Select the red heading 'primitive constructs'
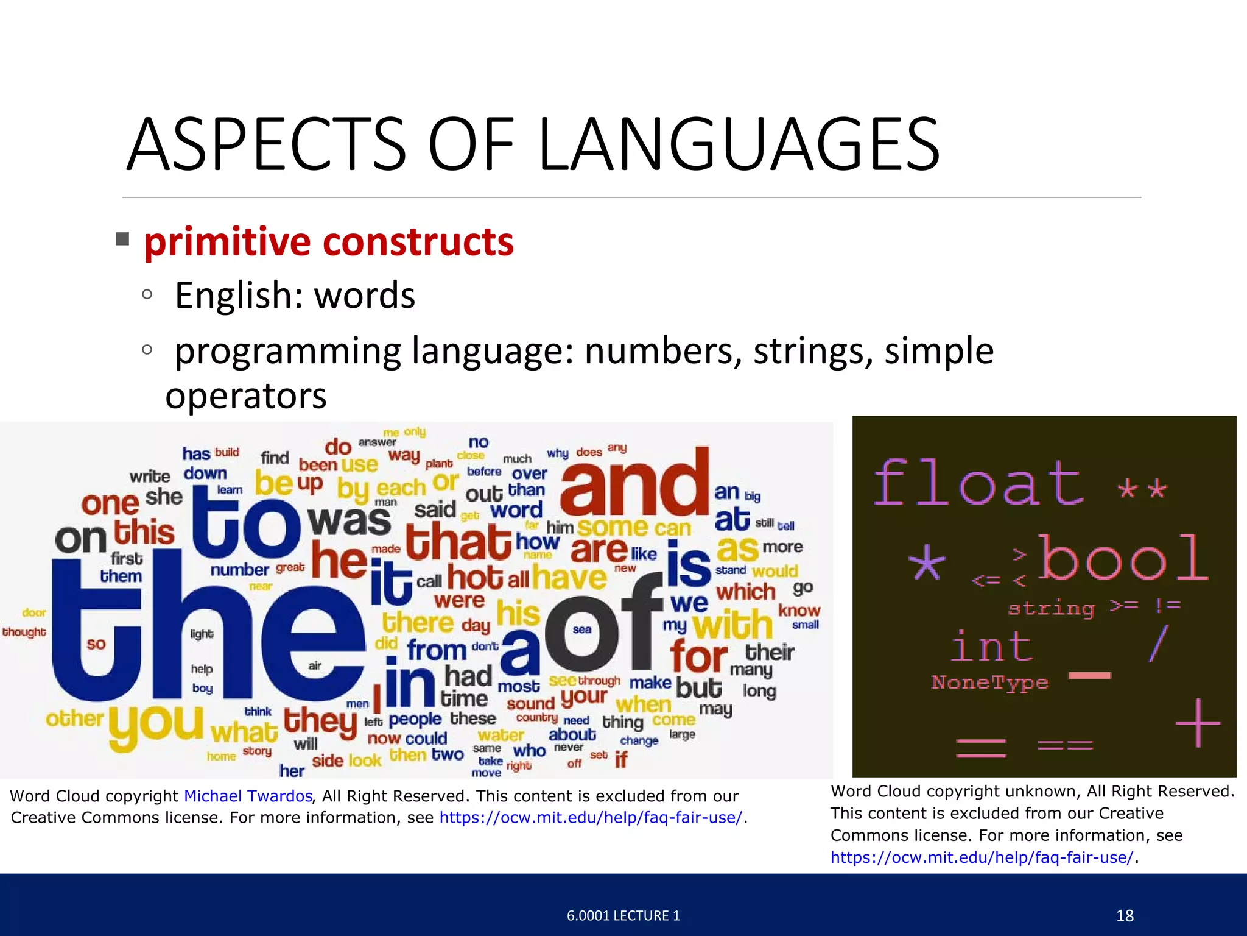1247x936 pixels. pyautogui.click(x=329, y=242)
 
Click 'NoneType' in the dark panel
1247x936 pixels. pyautogui.click(x=989, y=682)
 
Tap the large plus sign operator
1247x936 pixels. pyautogui.click(x=1198, y=723)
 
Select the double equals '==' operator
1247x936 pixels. pyautogui.click(x=1065, y=745)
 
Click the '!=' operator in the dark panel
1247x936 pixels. pyautogui.click(x=1168, y=605)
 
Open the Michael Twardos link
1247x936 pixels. pyautogui.click(x=248, y=796)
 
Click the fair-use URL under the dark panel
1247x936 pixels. pyautogui.click(x=982, y=857)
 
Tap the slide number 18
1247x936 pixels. pyautogui.click(x=1125, y=915)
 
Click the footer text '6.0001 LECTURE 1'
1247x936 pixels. pyautogui.click(x=623, y=915)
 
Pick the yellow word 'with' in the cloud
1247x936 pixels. pyautogui.click(x=732, y=625)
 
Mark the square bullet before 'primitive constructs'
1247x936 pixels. pyautogui.click(x=122, y=239)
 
